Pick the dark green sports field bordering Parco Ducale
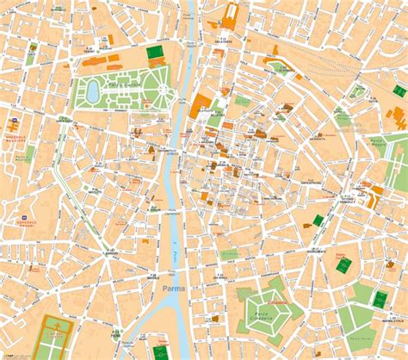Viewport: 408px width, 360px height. point(155,53)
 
